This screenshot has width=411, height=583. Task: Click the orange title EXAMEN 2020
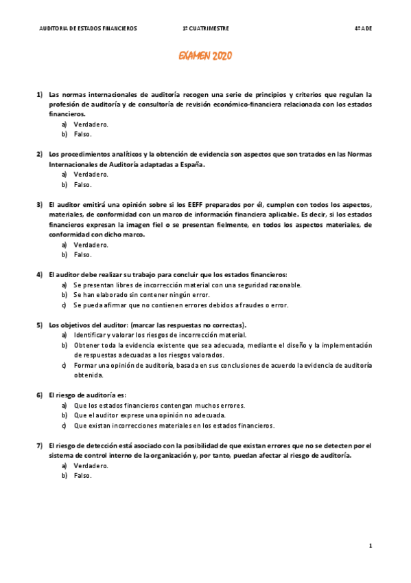(x=205, y=56)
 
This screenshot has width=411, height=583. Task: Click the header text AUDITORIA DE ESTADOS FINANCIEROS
(x=89, y=29)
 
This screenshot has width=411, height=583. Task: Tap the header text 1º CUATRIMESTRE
(x=206, y=29)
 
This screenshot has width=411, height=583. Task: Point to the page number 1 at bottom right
(x=370, y=546)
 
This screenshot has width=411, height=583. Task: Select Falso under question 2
(x=83, y=184)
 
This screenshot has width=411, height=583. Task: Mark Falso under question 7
(x=83, y=475)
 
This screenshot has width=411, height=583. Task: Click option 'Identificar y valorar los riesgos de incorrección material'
(x=160, y=335)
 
